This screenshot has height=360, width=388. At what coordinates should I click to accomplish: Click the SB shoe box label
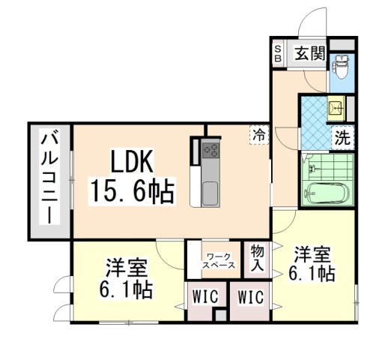pos(276,53)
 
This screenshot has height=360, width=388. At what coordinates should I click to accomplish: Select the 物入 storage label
pos(257,257)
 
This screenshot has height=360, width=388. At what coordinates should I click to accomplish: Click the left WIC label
pos(204,297)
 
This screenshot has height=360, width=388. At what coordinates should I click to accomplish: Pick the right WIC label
pos(251,297)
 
